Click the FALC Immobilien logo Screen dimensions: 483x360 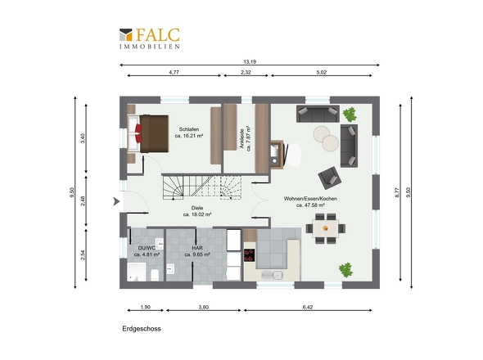[149, 38]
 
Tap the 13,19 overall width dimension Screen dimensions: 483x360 [250, 62]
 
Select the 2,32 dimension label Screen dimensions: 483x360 [246, 72]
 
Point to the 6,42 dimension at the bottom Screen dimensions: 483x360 [308, 307]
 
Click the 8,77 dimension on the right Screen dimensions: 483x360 [397, 192]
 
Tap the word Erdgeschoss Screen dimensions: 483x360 [142, 329]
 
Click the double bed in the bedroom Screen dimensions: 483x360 [148, 133]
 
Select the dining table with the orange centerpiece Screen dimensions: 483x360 [325, 228]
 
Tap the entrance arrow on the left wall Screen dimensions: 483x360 [116, 201]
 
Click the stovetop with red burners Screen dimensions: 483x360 [250, 255]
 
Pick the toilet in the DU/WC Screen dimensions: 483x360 [155, 275]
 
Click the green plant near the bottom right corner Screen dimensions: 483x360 [345, 270]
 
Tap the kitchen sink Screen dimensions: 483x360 [273, 275]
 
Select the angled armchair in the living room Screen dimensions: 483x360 [330, 178]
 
